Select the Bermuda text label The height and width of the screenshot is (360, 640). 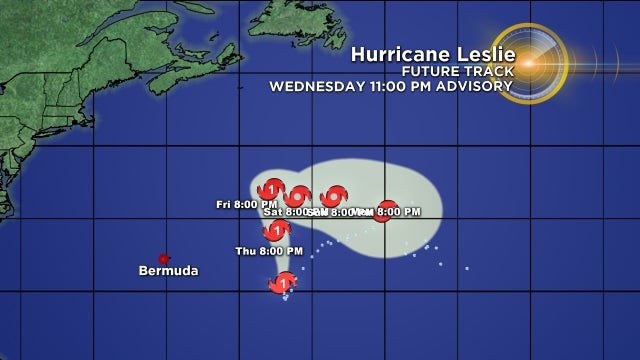169,271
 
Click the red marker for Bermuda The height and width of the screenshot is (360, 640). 164,258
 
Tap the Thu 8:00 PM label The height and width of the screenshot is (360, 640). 269,250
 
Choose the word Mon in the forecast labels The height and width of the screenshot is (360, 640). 364,212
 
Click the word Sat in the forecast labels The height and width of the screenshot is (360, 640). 272,212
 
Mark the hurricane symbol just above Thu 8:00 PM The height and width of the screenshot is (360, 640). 277,230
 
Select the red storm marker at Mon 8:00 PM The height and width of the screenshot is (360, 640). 382,210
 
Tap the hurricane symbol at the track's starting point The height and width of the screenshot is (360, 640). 283,284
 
